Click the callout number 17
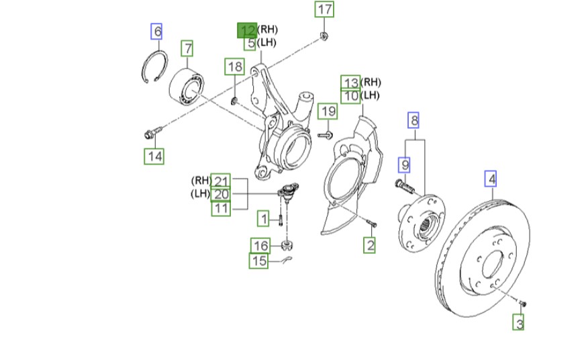click(324, 9)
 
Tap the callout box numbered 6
click(156, 31)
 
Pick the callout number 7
click(187, 49)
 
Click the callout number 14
click(154, 156)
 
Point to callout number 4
click(492, 179)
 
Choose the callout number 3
click(519, 323)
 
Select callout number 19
click(327, 111)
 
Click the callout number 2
click(370, 245)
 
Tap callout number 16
click(260, 245)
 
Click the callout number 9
click(405, 163)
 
